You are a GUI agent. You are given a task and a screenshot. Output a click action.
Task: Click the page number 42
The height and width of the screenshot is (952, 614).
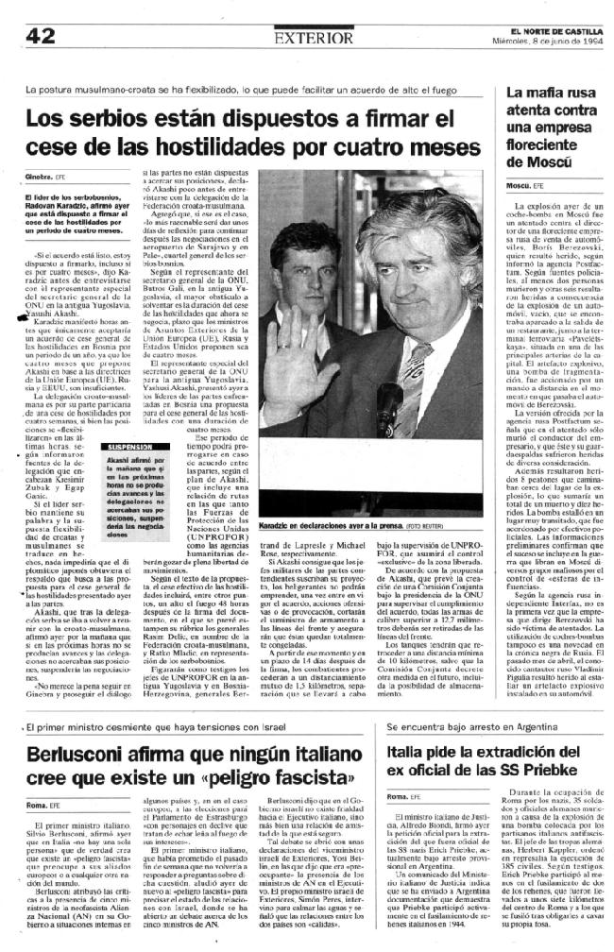pyautogui.click(x=41, y=36)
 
